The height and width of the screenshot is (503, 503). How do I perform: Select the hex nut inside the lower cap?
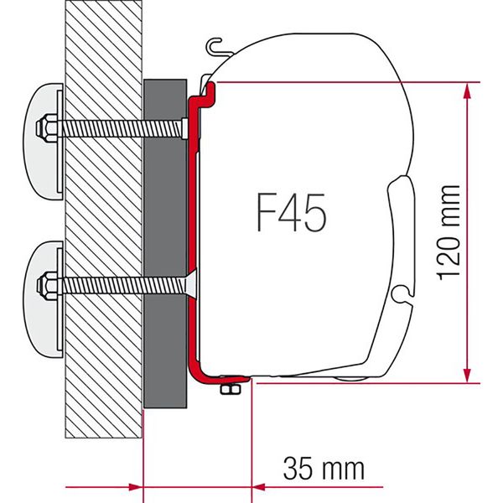[x=46, y=285]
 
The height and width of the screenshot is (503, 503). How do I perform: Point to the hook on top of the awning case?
[x=215, y=47]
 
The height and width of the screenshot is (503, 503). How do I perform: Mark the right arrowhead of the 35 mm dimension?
[x=260, y=486]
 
